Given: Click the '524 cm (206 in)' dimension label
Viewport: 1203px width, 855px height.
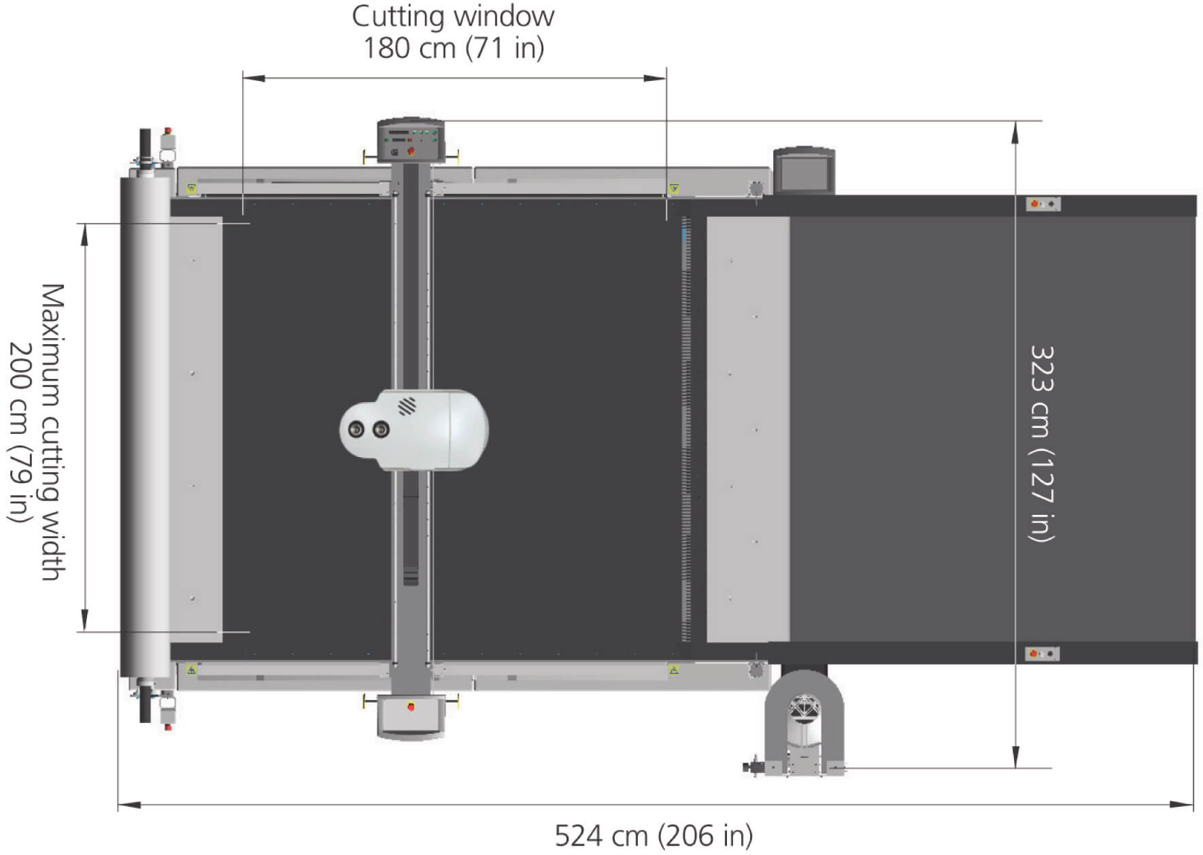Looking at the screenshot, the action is click(x=654, y=836).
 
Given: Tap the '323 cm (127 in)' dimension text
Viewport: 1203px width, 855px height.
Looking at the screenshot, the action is click(x=1041, y=443).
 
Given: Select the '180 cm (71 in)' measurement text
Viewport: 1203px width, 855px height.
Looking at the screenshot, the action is click(x=454, y=48).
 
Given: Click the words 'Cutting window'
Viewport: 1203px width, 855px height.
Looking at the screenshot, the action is click(x=453, y=16).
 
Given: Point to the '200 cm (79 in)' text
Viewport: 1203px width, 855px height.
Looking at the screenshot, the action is click(x=20, y=433).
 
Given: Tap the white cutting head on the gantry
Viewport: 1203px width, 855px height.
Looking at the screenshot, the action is click(x=413, y=430).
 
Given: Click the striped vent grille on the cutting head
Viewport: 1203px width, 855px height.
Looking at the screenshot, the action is click(x=407, y=406).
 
